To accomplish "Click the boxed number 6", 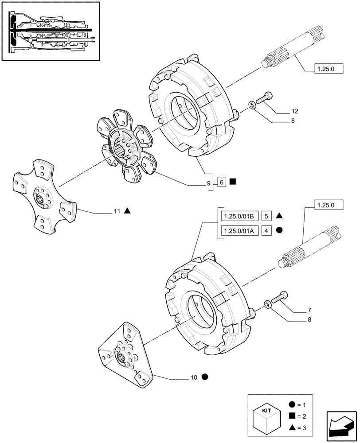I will pyautogui.click(x=222, y=182).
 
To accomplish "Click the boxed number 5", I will pyautogui.click(x=266, y=216).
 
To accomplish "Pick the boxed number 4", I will pyautogui.click(x=266, y=230).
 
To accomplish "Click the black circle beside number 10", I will pyautogui.click(x=204, y=377).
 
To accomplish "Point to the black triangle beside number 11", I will pyautogui.click(x=127, y=211).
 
